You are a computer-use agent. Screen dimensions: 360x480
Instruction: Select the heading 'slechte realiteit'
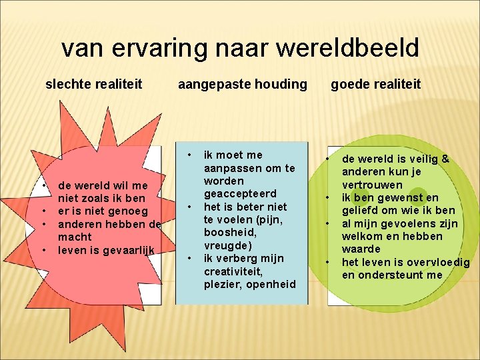pos(93,84)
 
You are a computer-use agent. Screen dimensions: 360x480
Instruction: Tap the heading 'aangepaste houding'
pos(243,84)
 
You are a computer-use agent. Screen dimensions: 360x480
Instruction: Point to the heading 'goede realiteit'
pos(376,84)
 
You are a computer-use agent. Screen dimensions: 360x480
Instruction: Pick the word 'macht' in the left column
pos(75,237)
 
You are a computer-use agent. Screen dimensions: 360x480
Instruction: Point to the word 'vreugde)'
pos(228,245)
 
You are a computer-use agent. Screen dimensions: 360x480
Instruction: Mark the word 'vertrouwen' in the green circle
pos(372,185)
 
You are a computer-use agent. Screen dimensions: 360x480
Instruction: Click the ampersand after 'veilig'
pos(445,159)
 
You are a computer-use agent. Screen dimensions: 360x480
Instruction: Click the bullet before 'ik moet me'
pos(189,155)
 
